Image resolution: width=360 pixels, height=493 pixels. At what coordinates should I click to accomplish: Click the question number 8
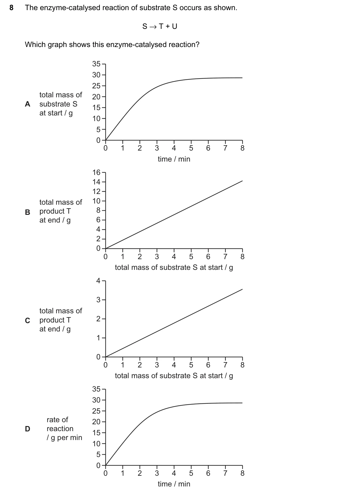click(x=11, y=8)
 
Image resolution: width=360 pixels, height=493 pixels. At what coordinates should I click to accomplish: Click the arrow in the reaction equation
click(x=153, y=27)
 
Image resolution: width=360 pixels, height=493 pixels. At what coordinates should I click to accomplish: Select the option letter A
click(x=27, y=104)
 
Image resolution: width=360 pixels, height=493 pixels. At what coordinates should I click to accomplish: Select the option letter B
click(x=27, y=212)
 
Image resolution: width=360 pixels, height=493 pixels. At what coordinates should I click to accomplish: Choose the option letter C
click(x=27, y=320)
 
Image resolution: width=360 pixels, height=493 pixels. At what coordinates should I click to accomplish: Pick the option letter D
click(x=27, y=429)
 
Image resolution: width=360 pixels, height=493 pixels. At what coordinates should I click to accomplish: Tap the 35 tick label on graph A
click(x=96, y=64)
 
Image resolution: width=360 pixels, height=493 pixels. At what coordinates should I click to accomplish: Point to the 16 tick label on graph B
click(x=96, y=173)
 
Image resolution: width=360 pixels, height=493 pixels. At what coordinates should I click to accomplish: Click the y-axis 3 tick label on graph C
click(x=98, y=300)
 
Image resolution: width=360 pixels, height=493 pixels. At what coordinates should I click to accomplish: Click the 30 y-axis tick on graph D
click(x=96, y=400)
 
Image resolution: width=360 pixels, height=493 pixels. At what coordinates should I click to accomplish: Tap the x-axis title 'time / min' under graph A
click(x=174, y=159)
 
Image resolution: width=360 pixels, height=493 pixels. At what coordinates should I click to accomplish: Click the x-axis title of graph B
click(x=174, y=267)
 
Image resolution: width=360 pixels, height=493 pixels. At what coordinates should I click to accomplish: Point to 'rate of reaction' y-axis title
click(x=60, y=424)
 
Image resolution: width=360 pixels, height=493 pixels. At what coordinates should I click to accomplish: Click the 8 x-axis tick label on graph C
click(x=242, y=365)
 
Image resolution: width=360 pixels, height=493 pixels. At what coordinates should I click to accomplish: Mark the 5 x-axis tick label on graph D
click(x=191, y=473)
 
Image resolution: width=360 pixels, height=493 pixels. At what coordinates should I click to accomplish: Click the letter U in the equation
click(x=174, y=26)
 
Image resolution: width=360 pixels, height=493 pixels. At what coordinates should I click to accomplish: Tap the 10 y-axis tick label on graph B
click(x=96, y=201)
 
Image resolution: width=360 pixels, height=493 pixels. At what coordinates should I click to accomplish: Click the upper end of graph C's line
click(x=242, y=289)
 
